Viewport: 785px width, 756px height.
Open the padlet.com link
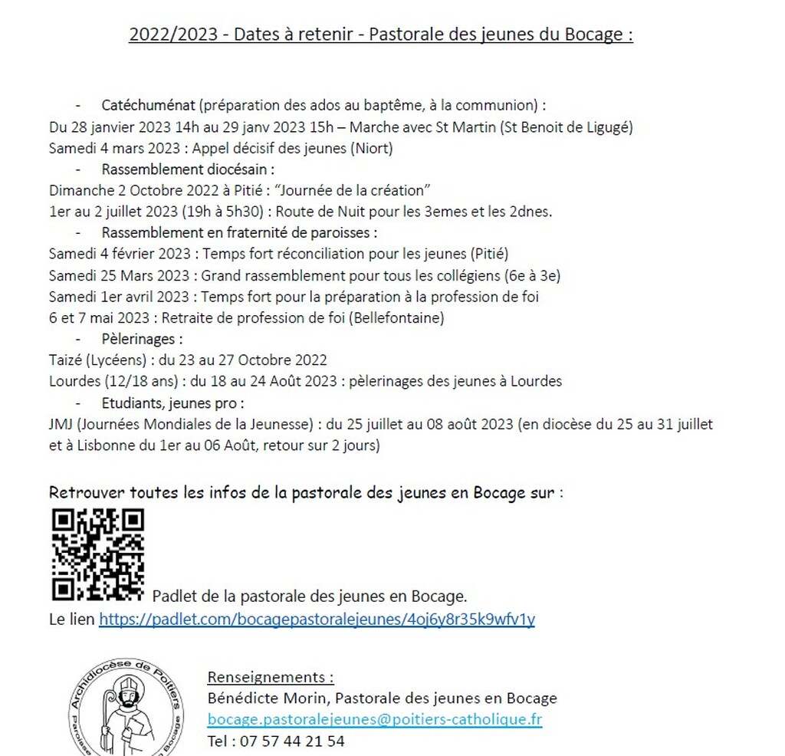coord(317,619)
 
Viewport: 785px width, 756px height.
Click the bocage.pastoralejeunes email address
coord(374,719)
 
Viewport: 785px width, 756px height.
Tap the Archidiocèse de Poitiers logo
coord(126,709)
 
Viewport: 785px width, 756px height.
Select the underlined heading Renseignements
coord(271,677)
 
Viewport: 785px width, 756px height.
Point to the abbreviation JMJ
coord(61,423)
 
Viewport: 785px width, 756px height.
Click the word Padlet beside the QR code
coord(172,596)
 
